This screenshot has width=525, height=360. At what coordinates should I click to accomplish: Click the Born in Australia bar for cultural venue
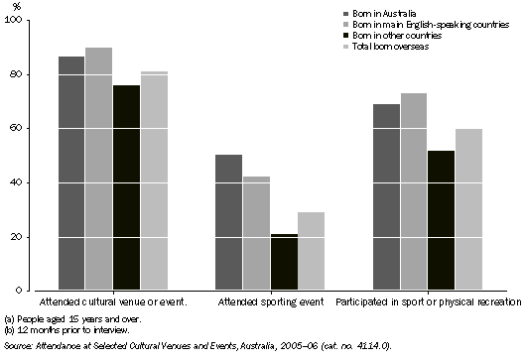71,173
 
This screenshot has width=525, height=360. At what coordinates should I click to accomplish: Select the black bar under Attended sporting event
255,262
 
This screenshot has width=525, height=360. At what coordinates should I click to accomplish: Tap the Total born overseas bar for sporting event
283,251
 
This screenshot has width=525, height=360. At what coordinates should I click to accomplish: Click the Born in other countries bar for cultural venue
126,187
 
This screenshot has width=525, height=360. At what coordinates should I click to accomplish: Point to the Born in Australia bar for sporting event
228,222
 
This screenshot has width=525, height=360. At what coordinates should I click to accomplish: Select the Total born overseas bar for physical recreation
468,209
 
